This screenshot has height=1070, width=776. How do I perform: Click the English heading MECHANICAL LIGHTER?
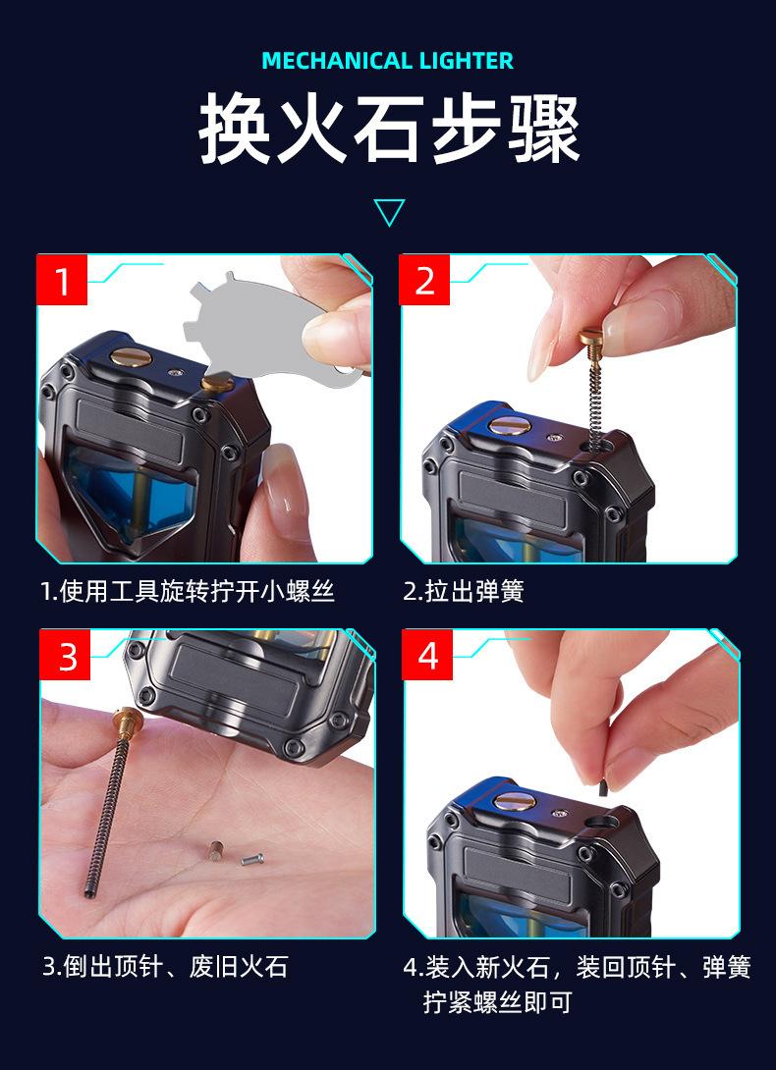click(x=387, y=61)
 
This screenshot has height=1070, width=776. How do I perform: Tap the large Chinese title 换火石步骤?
click(x=389, y=129)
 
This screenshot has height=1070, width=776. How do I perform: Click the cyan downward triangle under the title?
click(x=389, y=212)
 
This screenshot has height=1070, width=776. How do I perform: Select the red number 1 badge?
click(x=62, y=280)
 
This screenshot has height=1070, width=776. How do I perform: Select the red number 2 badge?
click(x=424, y=280)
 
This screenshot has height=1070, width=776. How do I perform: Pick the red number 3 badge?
click(x=65, y=655)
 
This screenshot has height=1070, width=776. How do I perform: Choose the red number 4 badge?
click(x=427, y=655)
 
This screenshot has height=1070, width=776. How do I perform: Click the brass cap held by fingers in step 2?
click(x=591, y=338)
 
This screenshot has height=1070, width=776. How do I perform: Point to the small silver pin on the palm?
click(x=252, y=859)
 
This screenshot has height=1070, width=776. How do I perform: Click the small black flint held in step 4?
click(x=601, y=787)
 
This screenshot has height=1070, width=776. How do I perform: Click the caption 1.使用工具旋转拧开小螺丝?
click(x=188, y=591)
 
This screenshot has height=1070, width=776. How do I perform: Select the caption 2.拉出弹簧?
click(x=463, y=591)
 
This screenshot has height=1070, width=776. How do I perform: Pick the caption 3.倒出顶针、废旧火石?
click(x=165, y=966)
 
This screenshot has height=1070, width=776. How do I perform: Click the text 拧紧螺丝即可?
click(x=497, y=1001)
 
